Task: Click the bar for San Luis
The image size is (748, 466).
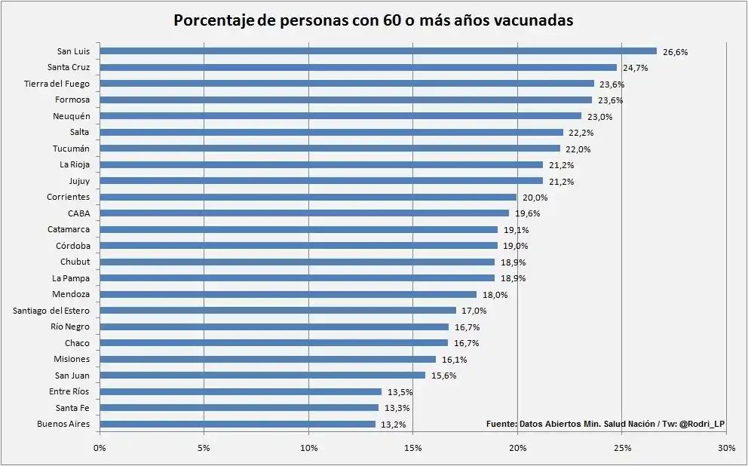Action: (x=377, y=51)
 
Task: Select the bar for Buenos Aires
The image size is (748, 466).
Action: (x=238, y=424)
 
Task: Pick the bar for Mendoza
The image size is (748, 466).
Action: (x=287, y=294)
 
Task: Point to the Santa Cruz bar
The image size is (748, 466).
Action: (x=357, y=67)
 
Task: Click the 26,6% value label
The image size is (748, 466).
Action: (x=676, y=52)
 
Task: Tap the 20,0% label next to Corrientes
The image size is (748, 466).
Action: (x=535, y=198)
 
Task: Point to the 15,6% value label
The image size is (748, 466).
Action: (x=444, y=376)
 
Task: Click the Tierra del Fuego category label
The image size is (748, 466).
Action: (x=57, y=84)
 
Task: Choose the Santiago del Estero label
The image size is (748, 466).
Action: (x=52, y=311)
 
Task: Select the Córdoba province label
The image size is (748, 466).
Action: (x=73, y=246)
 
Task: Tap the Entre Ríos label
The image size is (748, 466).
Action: (x=69, y=391)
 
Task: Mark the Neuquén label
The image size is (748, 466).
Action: (x=72, y=116)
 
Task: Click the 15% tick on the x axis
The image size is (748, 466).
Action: (x=412, y=449)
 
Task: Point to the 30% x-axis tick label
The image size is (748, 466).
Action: (x=726, y=449)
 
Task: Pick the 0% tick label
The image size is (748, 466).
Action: (x=100, y=449)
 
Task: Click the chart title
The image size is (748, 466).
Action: (x=373, y=20)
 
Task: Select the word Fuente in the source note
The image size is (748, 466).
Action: (x=501, y=425)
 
